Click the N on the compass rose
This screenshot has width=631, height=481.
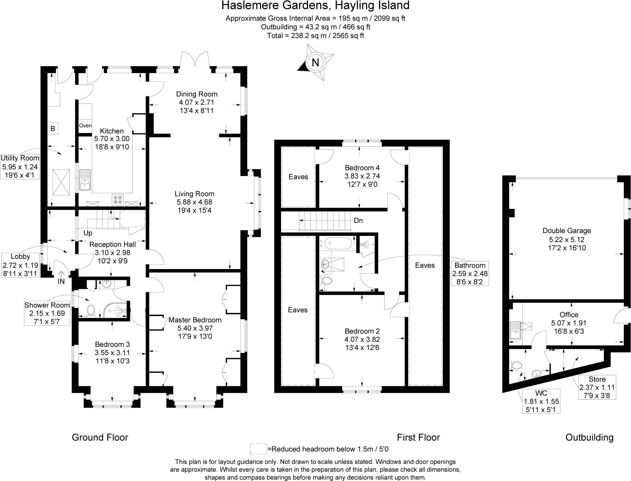(x=315, y=63)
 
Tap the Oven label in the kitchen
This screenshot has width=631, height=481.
(x=85, y=126)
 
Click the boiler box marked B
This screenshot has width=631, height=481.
(x=53, y=128)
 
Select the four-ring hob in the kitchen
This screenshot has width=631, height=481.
(x=117, y=199)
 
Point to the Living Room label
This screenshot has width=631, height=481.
(x=194, y=194)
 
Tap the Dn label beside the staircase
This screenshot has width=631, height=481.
(x=358, y=221)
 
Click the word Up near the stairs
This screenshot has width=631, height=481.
(x=88, y=233)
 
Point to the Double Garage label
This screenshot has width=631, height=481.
(x=567, y=230)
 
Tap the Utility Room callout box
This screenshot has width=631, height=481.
(x=20, y=167)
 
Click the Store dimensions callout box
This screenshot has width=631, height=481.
(x=597, y=387)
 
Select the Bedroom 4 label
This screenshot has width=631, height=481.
(x=362, y=168)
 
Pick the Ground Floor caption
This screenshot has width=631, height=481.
(x=100, y=437)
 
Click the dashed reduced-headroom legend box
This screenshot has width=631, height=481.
(x=258, y=449)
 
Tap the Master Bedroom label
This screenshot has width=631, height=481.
(x=195, y=320)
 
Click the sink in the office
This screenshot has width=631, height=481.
(x=515, y=330)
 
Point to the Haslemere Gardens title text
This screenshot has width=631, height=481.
(x=315, y=6)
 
